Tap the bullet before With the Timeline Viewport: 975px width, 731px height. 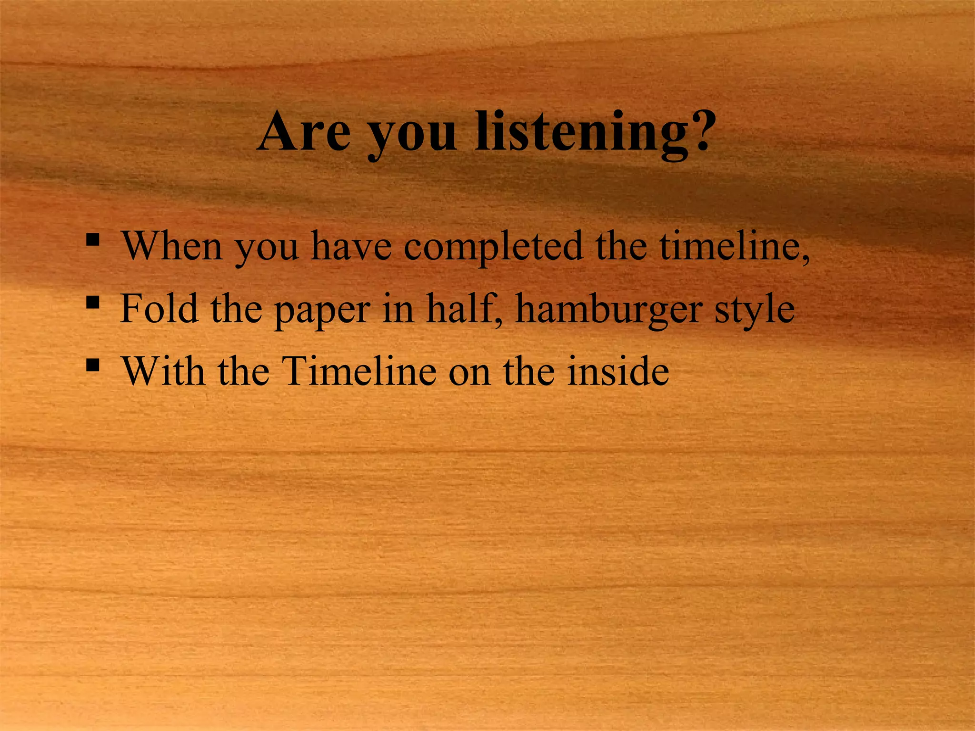coord(93,365)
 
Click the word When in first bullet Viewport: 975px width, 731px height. coord(172,246)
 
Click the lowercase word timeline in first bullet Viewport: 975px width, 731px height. coord(731,246)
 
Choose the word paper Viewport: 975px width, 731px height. coord(322,312)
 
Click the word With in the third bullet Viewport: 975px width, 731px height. coord(164,371)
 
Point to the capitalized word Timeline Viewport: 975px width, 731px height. coord(359,371)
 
